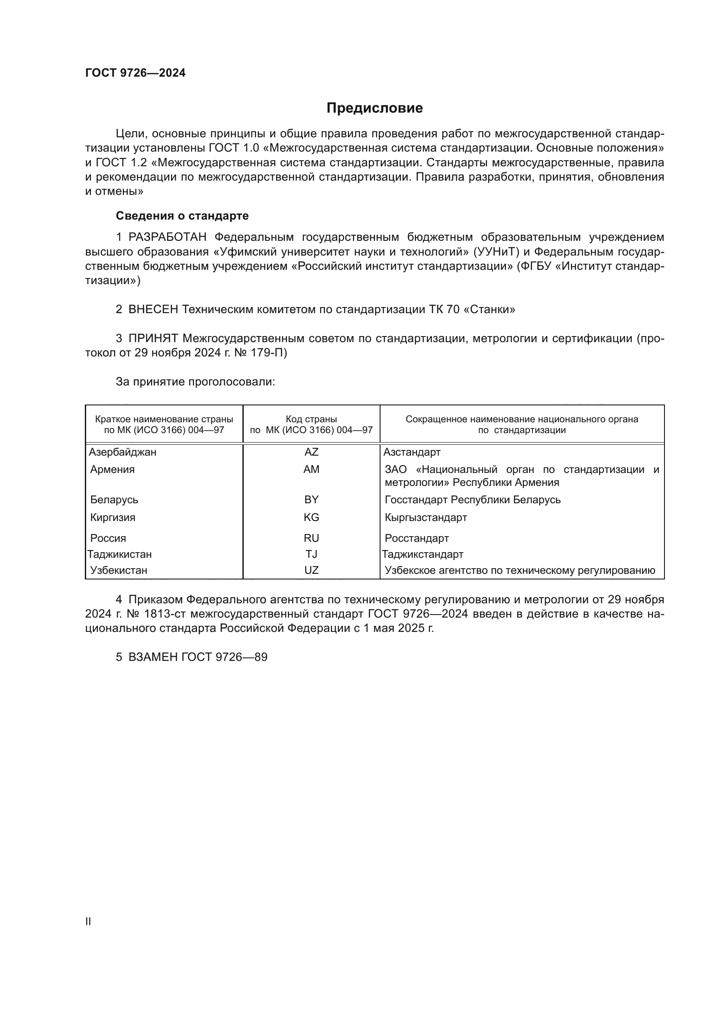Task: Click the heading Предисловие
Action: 374,108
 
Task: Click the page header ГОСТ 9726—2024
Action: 135,73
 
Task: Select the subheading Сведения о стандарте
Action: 182,216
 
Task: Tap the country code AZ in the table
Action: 311,452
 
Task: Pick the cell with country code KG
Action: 311,517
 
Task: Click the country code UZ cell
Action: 311,570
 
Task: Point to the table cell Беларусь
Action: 114,499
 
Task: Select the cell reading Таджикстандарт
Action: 423,554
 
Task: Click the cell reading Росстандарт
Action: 416,538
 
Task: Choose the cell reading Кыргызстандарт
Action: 426,517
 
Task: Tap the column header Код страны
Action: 311,419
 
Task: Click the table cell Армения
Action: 113,469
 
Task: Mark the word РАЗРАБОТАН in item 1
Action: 168,237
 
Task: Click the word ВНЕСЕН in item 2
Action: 153,309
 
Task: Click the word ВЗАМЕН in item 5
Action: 153,657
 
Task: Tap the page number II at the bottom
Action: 88,921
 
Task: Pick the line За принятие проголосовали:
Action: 195,382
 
